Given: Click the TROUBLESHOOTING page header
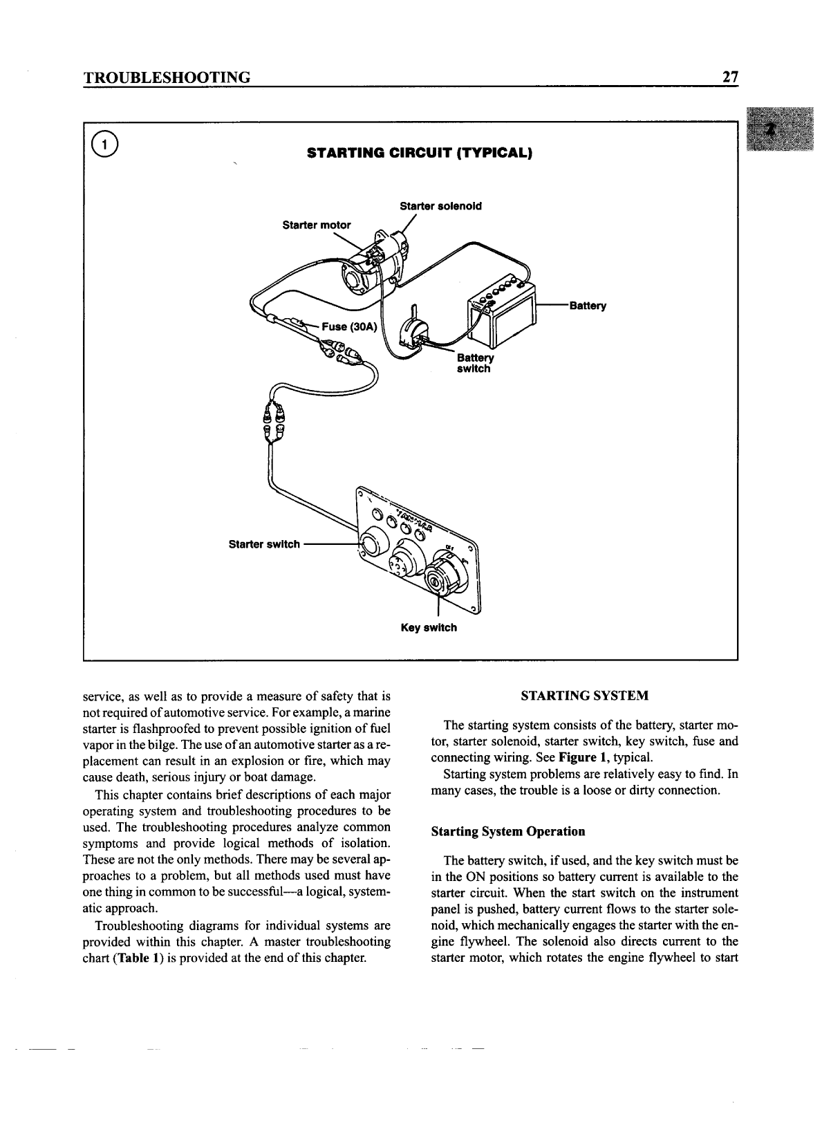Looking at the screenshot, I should pyautogui.click(x=166, y=77).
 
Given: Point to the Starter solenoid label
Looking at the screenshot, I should pyautogui.click(x=441, y=206).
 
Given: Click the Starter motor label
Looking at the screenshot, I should pyautogui.click(x=317, y=225).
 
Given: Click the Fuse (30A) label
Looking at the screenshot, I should pyautogui.click(x=348, y=327).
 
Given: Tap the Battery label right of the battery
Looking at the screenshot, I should pyautogui.click(x=587, y=306).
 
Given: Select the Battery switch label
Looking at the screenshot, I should pyautogui.click(x=475, y=363).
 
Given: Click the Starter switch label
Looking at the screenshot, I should pyautogui.click(x=264, y=544).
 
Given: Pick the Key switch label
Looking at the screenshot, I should pyautogui.click(x=429, y=628).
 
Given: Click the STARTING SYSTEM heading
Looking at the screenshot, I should pyautogui.click(x=584, y=696).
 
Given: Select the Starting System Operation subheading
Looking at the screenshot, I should pyautogui.click(x=507, y=831).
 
